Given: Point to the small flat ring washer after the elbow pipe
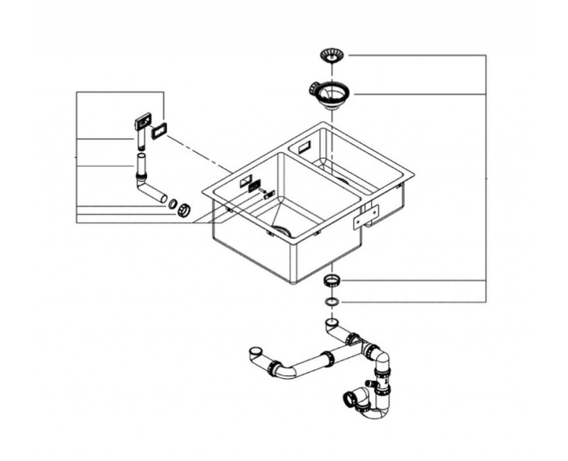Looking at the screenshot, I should (x=173, y=205).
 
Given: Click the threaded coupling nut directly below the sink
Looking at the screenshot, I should (x=331, y=281).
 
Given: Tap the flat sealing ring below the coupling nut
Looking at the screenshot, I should (x=331, y=302).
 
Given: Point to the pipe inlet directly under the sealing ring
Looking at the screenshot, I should (x=332, y=323).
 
